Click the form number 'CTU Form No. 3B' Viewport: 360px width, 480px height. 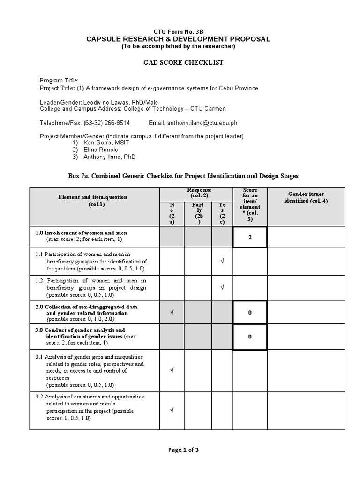(178, 31)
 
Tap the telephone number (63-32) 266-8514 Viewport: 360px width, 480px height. (107, 123)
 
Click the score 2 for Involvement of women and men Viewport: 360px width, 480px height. (250, 237)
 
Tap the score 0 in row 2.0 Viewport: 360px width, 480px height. (250, 312)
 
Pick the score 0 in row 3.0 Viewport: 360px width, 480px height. (250, 336)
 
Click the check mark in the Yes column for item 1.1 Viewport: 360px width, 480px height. (222, 261)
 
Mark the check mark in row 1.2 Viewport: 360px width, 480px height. (222, 287)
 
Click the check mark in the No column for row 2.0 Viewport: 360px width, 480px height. (172, 312)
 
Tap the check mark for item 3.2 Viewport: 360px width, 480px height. (172, 410)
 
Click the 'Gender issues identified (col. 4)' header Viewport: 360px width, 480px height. (306, 197)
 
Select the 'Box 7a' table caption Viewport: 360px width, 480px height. (183, 176)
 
